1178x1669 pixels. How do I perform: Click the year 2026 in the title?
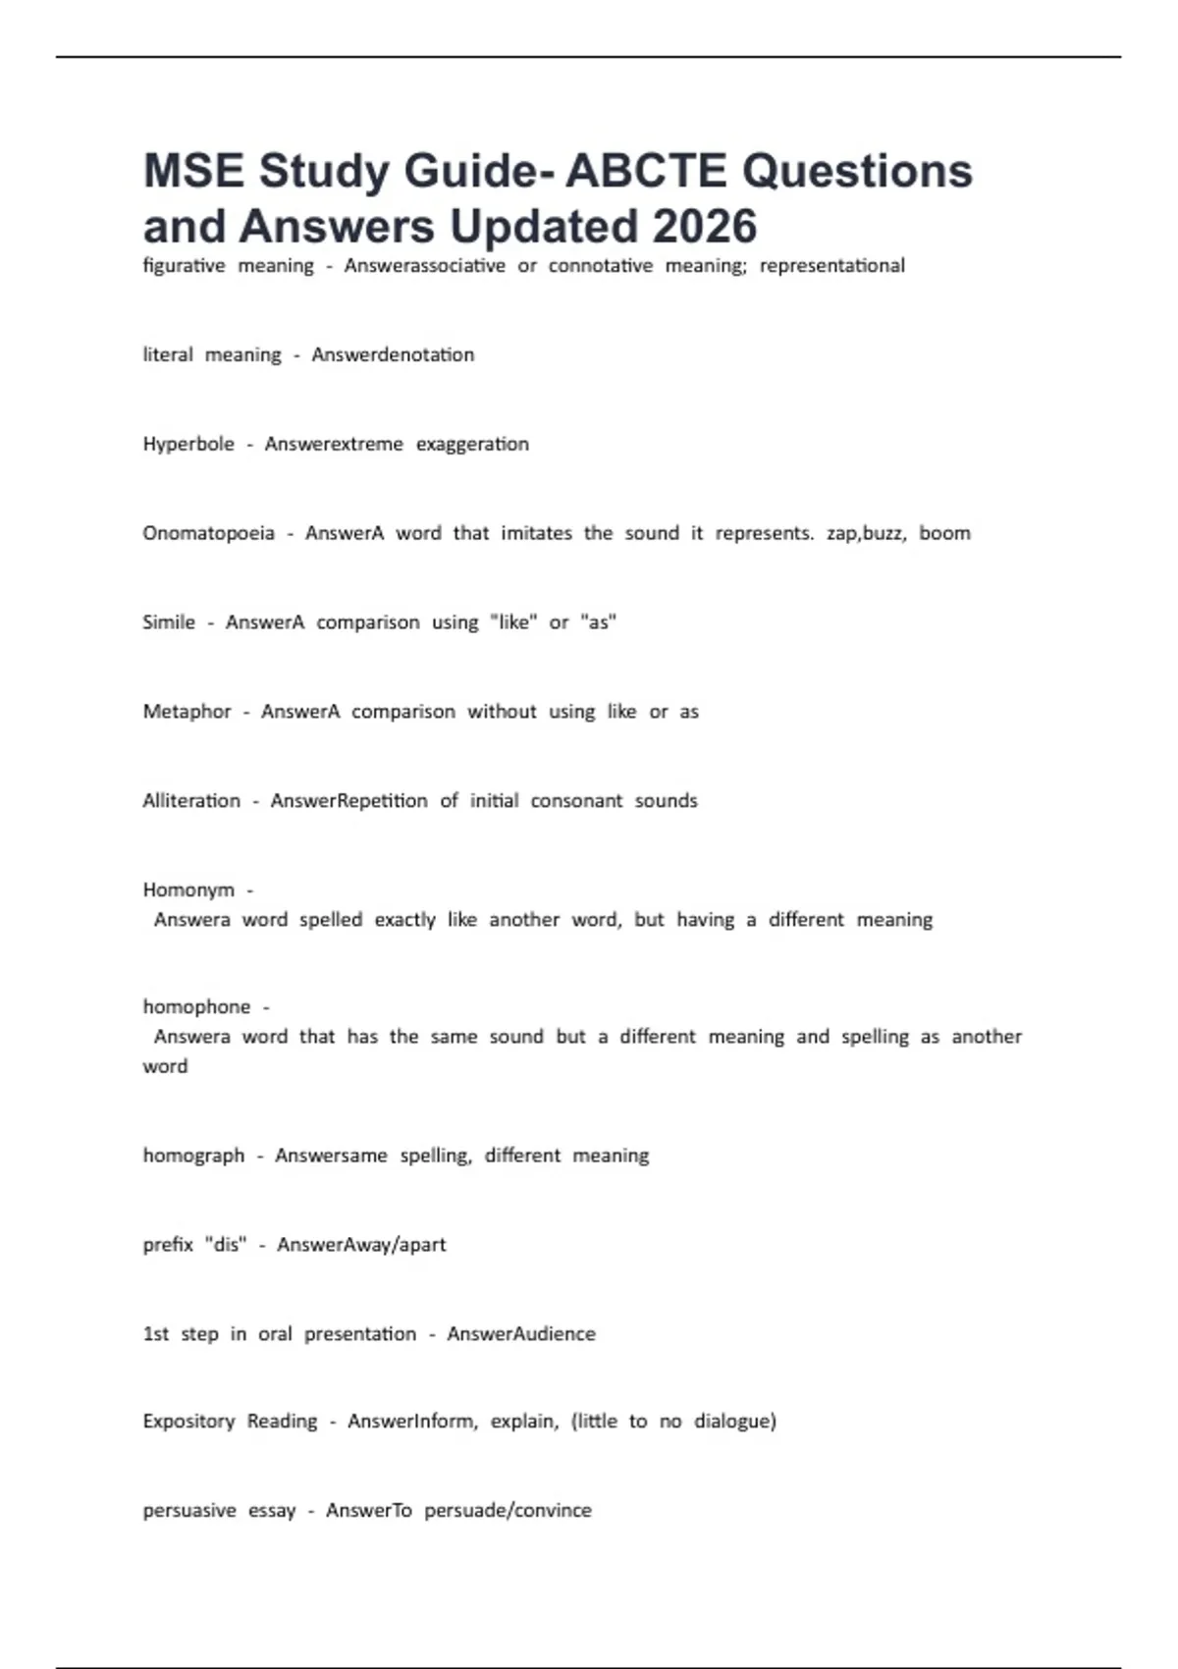click(x=704, y=227)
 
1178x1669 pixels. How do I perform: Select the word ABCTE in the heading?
click(x=647, y=172)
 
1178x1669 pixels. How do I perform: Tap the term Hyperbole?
click(x=188, y=444)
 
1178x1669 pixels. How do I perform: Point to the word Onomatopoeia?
click(x=208, y=533)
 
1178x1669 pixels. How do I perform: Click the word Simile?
click(x=169, y=622)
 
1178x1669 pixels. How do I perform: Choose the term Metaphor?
click(x=187, y=712)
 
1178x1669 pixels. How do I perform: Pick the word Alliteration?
click(x=191, y=801)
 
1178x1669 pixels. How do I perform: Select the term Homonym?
click(x=188, y=890)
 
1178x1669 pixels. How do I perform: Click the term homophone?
click(x=196, y=1007)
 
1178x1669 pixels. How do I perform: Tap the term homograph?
click(x=193, y=1156)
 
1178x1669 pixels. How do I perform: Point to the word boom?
click(x=944, y=533)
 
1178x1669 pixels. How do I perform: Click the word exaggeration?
click(x=472, y=444)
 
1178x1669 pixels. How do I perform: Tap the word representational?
click(x=831, y=266)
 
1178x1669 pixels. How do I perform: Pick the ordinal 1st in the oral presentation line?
click(x=156, y=1334)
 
